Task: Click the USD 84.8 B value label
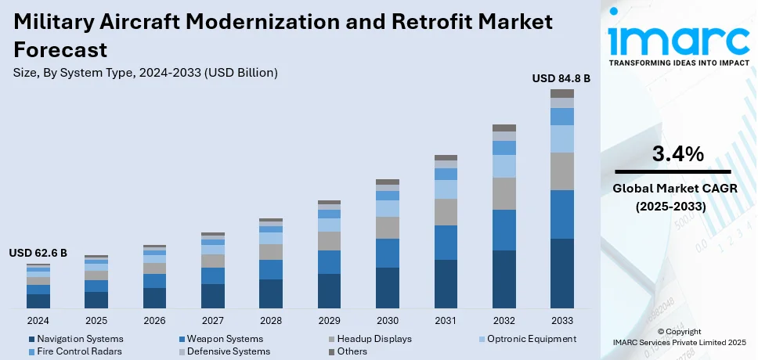tap(561, 79)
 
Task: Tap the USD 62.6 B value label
tap(38, 253)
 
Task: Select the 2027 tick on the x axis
tap(212, 321)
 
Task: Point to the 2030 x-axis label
tap(387, 321)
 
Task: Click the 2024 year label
tap(38, 321)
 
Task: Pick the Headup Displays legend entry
tap(374, 339)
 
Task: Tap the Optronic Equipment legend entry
tap(530, 339)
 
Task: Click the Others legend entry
tap(353, 351)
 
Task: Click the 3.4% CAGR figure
tap(678, 154)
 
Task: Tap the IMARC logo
tap(678, 39)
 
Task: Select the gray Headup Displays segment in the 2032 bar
tap(504, 193)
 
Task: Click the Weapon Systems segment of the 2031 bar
tap(446, 243)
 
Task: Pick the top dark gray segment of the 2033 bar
tap(561, 93)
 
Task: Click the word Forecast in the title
tap(60, 50)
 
